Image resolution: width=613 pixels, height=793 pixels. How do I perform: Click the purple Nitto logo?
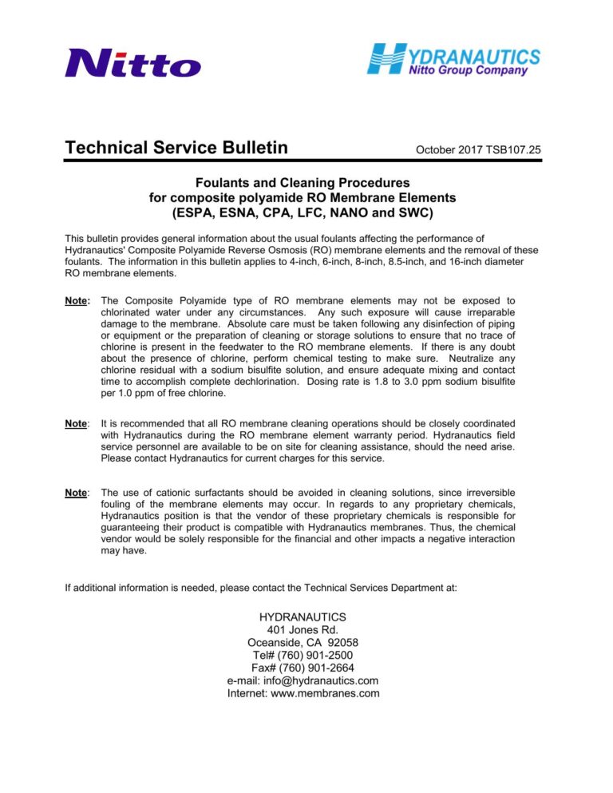[132, 62]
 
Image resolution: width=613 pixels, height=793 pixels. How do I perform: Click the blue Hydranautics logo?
[453, 60]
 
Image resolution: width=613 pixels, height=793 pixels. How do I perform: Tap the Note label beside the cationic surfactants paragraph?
[77, 493]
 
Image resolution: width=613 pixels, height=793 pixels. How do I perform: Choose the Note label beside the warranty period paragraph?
[77, 423]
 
